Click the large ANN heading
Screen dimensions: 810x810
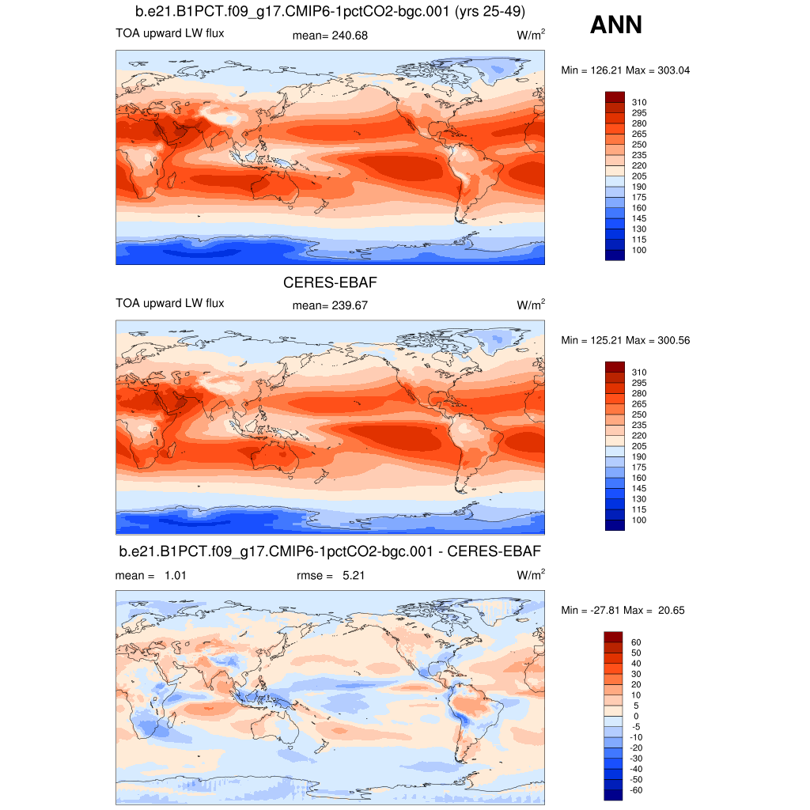615,25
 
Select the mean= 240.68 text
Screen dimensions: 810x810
330,36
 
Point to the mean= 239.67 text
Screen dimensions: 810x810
330,305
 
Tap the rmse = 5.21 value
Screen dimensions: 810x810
331,576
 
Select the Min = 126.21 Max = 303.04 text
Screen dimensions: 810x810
626,70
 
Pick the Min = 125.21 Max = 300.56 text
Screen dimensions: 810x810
626,340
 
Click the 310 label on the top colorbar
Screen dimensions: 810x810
639,102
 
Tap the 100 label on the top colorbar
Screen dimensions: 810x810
639,250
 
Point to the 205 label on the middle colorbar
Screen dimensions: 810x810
639,446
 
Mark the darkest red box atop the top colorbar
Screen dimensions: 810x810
615,97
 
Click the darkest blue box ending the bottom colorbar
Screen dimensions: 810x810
615,794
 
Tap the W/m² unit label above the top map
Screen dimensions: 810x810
531,36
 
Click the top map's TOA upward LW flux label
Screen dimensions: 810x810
169,33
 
